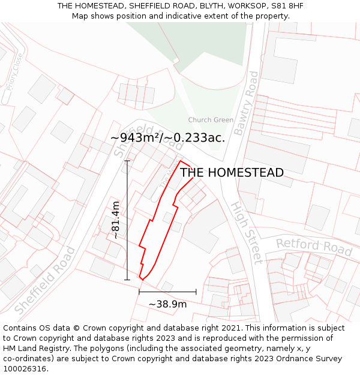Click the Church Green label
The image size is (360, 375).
pos(211,120)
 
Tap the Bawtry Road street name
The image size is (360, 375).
pos(247,103)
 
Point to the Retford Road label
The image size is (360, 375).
pos(314,246)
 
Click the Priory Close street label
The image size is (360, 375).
pos(14,71)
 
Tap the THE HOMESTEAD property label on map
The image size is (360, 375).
pos(232,173)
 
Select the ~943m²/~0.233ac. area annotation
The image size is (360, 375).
pos(168,138)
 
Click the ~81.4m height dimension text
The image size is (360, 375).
pos(115,220)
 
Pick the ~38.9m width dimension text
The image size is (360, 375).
pos(167,304)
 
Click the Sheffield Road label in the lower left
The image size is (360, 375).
pos(45,280)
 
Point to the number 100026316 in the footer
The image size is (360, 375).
pos(24,369)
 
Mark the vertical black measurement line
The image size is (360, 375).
pos(127,220)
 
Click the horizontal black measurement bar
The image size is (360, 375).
pos(167,292)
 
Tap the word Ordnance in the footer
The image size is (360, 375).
pos(296,359)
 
